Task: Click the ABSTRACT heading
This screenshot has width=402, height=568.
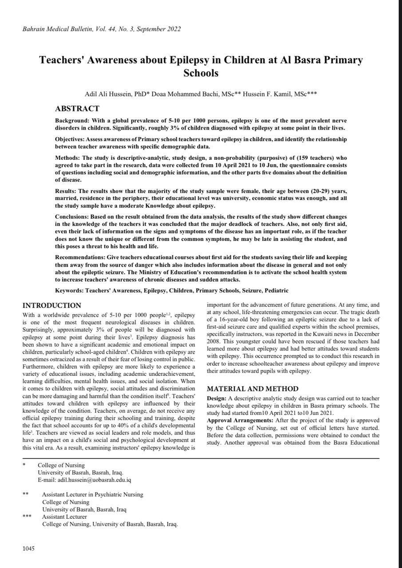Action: pyautogui.click(x=77, y=109)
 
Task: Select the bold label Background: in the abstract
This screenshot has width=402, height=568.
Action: pyautogui.click(x=72, y=121)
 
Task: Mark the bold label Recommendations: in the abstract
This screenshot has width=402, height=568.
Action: pyautogui.click(x=80, y=257)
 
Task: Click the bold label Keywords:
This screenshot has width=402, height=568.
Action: pyautogui.click(x=69, y=291)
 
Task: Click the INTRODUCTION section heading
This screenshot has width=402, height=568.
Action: pyautogui.click(x=52, y=305)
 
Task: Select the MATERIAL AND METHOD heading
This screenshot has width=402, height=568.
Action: pyautogui.click(x=252, y=389)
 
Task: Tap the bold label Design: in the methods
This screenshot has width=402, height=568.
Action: pyautogui.click(x=217, y=398)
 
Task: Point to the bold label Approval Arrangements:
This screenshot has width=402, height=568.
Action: pyautogui.click(x=240, y=420)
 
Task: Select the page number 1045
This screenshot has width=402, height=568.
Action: pyautogui.click(x=28, y=549)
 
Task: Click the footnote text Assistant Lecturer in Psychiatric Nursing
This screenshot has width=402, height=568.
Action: pyautogui.click(x=93, y=494)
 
